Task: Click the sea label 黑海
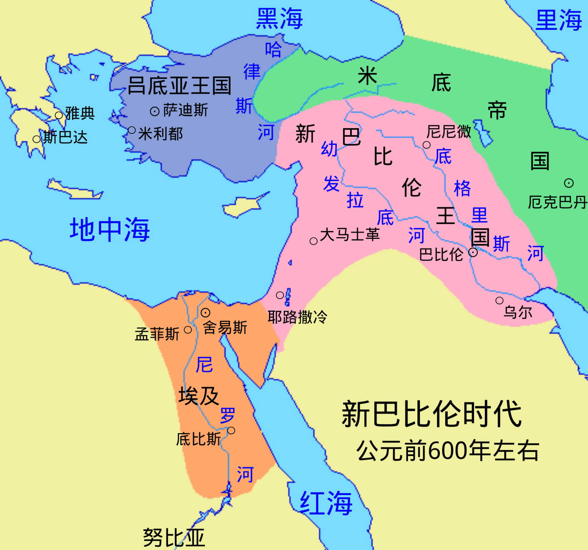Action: (279, 19)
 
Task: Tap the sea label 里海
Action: (559, 20)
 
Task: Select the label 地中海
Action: (110, 230)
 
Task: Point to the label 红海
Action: (326, 503)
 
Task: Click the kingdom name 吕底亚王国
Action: (179, 86)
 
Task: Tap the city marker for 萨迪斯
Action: (155, 111)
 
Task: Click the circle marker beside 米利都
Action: (132, 130)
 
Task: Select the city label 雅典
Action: (80, 113)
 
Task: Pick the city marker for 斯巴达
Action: (37, 139)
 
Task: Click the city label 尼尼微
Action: (449, 132)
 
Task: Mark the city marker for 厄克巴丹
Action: (569, 183)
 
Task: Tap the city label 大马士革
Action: (350, 235)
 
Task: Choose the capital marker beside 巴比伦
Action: (473, 252)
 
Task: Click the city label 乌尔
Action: (518, 312)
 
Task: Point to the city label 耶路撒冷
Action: (297, 317)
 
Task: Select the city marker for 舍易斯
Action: (205, 313)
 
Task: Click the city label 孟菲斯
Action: (157, 334)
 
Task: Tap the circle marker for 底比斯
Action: (231, 430)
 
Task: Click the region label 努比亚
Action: (174, 538)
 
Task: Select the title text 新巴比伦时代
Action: (431, 414)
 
